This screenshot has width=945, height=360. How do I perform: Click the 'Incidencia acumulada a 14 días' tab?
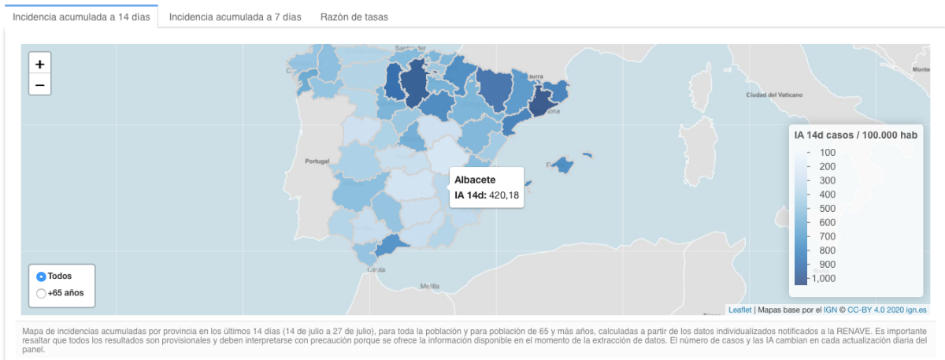tap(80, 17)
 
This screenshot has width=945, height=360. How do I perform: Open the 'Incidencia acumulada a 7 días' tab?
tap(235, 17)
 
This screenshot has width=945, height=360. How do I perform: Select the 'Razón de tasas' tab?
tap(354, 17)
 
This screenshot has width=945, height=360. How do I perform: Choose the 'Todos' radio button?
tap(42, 276)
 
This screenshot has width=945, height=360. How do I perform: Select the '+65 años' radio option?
tap(42, 294)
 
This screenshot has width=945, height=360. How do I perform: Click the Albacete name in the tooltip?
tap(475, 180)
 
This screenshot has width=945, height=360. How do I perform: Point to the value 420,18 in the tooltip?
tap(503, 195)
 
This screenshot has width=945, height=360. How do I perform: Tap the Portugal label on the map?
tap(317, 161)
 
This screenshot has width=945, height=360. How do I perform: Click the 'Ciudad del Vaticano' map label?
tap(773, 95)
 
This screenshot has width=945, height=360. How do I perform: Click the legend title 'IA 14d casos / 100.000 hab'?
tap(856, 135)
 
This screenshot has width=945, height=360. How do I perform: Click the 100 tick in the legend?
tap(828, 153)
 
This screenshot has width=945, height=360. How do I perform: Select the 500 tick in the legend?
tap(828, 209)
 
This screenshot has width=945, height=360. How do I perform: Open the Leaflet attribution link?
tap(740, 310)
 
